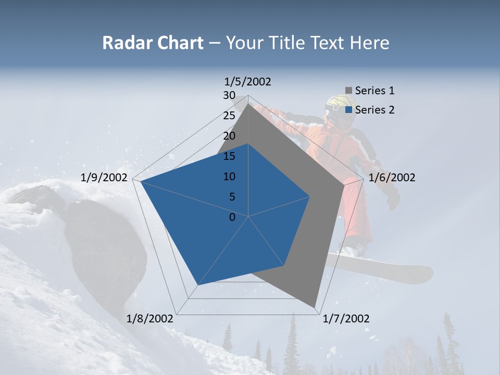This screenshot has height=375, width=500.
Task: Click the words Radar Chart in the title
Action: point(153,43)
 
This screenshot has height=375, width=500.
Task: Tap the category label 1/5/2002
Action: point(247,82)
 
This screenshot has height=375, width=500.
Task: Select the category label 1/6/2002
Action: point(392,178)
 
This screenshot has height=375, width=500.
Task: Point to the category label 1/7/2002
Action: point(346,319)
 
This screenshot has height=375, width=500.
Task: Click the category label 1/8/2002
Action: point(150,319)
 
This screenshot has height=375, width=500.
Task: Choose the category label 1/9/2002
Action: point(104,178)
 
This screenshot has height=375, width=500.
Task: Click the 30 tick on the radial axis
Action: point(229,95)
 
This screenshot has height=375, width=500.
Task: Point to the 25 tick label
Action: point(229,116)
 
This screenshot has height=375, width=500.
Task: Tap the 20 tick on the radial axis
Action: point(229,136)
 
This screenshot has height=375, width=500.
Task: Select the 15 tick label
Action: point(229,156)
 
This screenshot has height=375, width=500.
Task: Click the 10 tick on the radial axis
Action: point(229,177)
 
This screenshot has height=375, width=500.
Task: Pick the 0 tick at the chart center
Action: point(232,217)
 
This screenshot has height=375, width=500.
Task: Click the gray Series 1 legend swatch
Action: point(348,91)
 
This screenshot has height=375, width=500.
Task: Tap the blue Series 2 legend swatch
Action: point(348,110)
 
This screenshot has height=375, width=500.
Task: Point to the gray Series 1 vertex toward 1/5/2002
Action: point(248,104)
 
